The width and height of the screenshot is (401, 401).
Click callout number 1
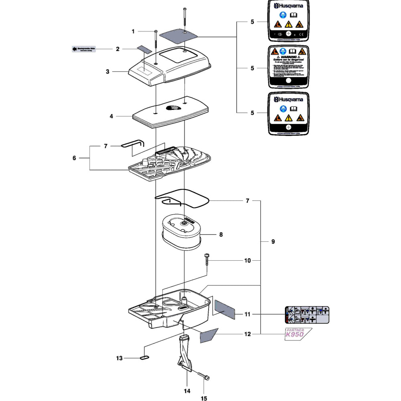(134, 31)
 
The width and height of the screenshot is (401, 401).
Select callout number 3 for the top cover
(107, 71)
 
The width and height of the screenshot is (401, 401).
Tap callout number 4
(111, 116)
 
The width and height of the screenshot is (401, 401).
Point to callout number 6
(74, 158)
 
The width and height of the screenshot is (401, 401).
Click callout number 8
(221, 234)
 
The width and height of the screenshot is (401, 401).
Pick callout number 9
(273, 242)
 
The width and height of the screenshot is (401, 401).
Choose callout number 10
(247, 261)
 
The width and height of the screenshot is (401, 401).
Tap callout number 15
(204, 398)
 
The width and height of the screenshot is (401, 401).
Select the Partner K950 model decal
(299, 333)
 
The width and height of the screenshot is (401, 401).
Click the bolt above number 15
(203, 375)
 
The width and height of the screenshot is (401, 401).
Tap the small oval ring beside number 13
(145, 357)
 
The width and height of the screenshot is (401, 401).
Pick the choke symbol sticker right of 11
(307, 314)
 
